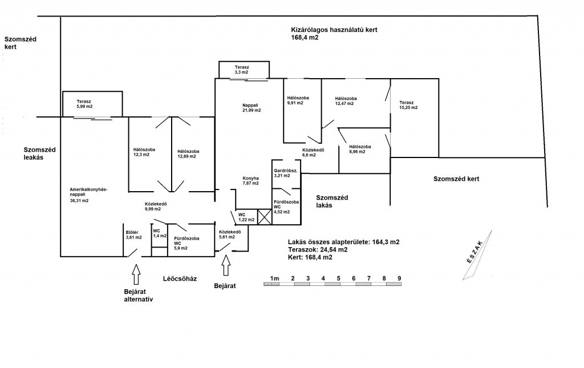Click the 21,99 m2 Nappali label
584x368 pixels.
(252, 108)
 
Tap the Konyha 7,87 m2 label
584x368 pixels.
(251, 181)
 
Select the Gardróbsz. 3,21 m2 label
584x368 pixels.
(286, 173)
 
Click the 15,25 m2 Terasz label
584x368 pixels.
(408, 105)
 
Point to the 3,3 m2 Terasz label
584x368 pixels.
(242, 70)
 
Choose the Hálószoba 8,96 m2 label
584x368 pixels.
(360, 149)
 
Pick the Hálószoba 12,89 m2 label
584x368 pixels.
(188, 154)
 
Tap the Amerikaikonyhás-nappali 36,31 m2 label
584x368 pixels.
(88, 195)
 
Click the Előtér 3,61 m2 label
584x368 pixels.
(133, 234)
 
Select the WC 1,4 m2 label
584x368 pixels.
(160, 233)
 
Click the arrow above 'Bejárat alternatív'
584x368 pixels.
(136, 274)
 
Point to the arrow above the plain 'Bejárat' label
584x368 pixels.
(226, 265)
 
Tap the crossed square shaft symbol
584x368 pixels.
(265, 217)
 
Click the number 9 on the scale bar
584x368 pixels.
(399, 278)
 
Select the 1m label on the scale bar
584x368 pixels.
(274, 278)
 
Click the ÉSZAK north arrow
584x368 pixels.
(477, 255)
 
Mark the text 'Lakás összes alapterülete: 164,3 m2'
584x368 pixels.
(344, 242)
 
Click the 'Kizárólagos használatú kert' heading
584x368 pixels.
(334, 30)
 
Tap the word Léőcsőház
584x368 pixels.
(180, 278)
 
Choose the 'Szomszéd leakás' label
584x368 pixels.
(39, 153)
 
